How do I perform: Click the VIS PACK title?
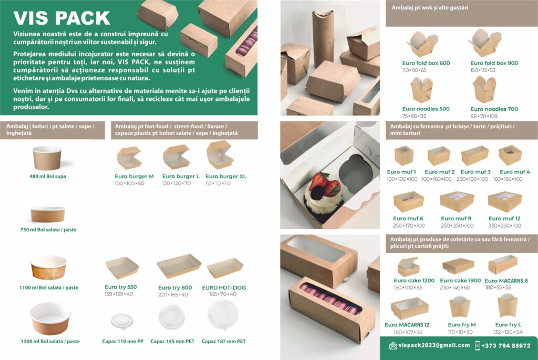click(x=62, y=18)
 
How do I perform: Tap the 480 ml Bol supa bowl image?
click(x=47, y=158)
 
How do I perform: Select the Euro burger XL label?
click(x=226, y=177)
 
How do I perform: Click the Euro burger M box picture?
click(x=129, y=158)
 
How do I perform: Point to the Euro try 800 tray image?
click(x=179, y=266)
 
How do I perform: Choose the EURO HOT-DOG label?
click(x=224, y=287)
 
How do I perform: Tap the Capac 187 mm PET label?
click(x=224, y=342)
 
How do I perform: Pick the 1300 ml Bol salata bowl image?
click(x=50, y=318)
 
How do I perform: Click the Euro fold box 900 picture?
click(x=485, y=43)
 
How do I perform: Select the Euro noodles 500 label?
click(x=426, y=109)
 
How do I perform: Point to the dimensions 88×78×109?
click(x=484, y=116)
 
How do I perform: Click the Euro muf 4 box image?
click(x=510, y=155)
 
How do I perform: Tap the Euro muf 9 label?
click(x=456, y=218)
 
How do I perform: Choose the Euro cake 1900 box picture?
click(x=458, y=266)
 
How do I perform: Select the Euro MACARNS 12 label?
click(x=407, y=325)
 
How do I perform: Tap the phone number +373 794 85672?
click(x=506, y=346)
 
